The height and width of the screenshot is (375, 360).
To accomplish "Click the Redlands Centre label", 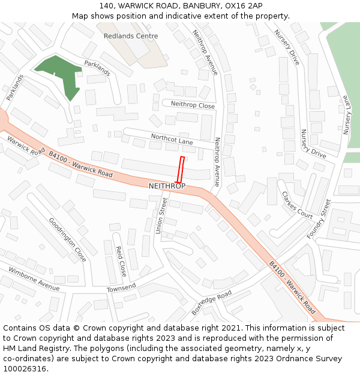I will (x=131, y=36).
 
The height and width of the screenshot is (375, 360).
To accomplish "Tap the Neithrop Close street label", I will (x=193, y=105).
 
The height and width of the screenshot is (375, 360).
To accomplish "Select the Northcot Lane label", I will (x=172, y=140).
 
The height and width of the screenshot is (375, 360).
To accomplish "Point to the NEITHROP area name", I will (x=167, y=186).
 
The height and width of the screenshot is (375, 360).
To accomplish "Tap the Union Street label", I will (x=160, y=217).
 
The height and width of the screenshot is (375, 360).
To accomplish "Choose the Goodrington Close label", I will (x=67, y=240).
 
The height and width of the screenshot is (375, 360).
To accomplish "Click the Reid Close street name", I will (x=121, y=260).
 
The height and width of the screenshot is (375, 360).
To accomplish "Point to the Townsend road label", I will (x=122, y=287).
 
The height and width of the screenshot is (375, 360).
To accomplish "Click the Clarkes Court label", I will (x=297, y=205).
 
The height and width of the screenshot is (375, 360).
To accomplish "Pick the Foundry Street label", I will (x=319, y=220).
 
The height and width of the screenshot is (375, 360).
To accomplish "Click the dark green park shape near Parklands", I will (x=60, y=75).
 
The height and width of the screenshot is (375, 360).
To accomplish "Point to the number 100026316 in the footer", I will (x=25, y=369).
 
